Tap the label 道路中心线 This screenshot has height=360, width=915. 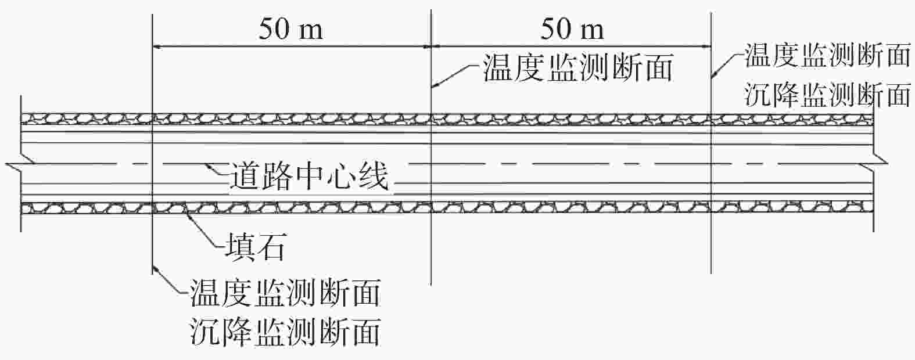[x=309, y=177]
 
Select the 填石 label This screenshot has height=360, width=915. [x=256, y=246]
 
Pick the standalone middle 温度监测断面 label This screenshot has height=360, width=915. [x=577, y=68]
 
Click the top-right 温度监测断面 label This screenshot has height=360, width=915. [x=827, y=55]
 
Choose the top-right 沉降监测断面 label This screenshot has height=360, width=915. [x=827, y=94]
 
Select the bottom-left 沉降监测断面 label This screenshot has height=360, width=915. [x=285, y=332]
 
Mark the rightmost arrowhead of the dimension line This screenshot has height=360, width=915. [x=705, y=47]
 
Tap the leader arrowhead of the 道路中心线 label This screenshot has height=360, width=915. [x=209, y=165]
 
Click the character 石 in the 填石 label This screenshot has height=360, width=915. [x=270, y=246]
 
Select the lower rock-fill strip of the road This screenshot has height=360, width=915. [x=447, y=208]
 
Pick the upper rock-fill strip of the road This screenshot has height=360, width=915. [x=447, y=119]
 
